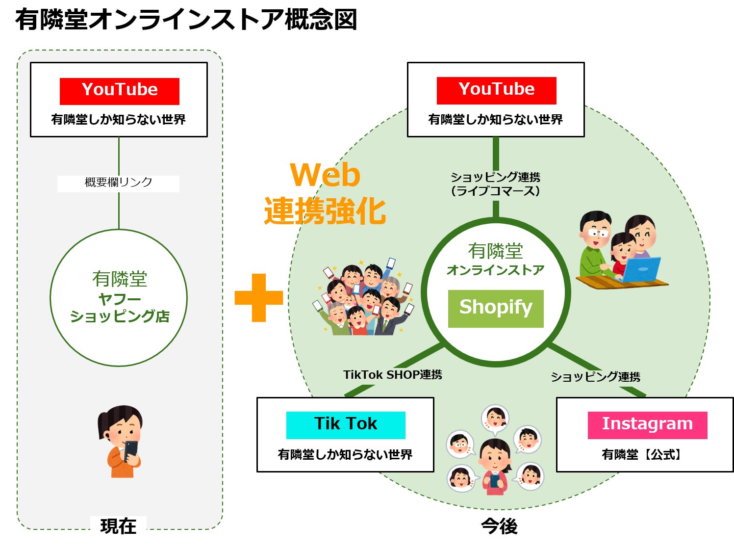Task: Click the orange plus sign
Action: [258, 297]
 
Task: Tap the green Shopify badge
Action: [496, 308]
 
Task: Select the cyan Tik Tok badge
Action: [346, 424]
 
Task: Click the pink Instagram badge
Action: [647, 424]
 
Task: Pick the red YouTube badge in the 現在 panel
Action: [120, 91]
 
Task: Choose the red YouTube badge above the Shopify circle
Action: [496, 90]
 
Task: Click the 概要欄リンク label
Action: [118, 183]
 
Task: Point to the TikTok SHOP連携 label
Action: [392, 375]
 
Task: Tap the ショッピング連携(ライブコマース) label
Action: [495, 184]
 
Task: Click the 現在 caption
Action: [118, 526]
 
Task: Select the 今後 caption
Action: [499, 526]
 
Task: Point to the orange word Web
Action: [325, 175]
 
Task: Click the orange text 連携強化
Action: [325, 211]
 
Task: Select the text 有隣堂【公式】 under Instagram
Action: [641, 455]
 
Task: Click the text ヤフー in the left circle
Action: [119, 298]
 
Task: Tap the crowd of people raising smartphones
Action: [363, 297]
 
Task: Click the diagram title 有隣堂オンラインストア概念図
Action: [186, 20]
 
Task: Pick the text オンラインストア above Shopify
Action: [495, 270]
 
